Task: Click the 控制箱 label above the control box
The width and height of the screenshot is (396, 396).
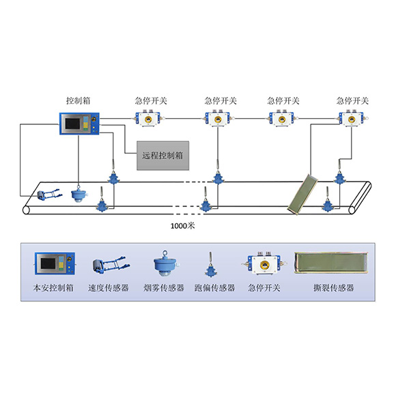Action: click(79, 100)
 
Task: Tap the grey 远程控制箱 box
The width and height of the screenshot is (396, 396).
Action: click(163, 156)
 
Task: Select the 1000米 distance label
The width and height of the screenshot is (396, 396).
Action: click(183, 225)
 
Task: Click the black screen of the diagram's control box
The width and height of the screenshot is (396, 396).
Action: click(73, 124)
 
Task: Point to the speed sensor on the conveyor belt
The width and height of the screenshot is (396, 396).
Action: click(49, 195)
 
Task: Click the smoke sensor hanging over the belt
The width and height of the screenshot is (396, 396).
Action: click(79, 194)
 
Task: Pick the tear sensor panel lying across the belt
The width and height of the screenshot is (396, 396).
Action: click(302, 194)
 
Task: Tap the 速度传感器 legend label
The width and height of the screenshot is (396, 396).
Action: click(109, 287)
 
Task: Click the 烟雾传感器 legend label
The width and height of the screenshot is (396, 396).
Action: click(164, 287)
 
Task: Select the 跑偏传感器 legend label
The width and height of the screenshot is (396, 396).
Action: click(214, 287)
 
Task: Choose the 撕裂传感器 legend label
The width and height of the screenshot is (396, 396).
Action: click(334, 287)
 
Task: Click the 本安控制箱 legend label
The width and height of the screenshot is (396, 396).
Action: click(53, 287)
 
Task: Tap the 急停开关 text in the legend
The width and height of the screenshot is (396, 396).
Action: click(264, 287)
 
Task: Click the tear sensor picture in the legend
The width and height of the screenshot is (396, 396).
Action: click(331, 263)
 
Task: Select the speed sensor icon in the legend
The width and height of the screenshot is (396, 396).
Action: click(111, 265)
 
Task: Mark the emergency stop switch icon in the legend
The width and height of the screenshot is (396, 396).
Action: click(264, 264)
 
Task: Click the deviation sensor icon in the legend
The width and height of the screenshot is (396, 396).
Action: click(210, 264)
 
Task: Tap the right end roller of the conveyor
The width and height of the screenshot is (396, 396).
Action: click(352, 210)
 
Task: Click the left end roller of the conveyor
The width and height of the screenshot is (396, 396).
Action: click(26, 210)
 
